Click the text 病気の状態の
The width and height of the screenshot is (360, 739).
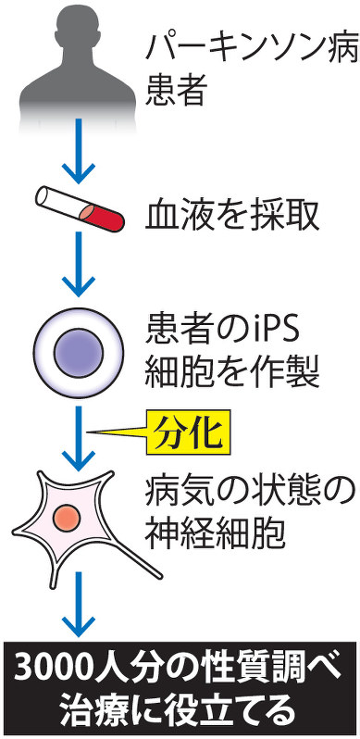[x=251, y=492]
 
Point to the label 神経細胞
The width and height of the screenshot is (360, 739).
[x=216, y=535]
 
